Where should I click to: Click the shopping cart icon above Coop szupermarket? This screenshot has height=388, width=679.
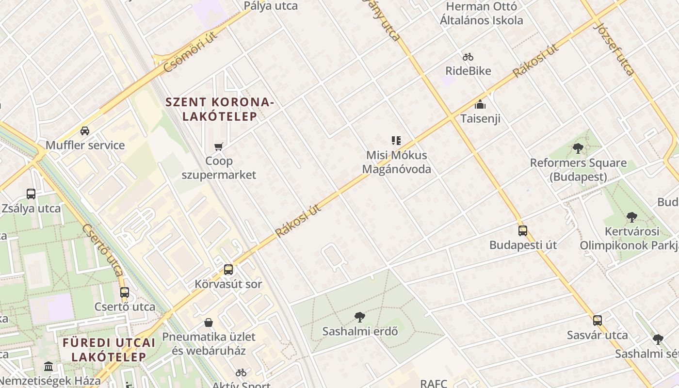(x=219, y=146)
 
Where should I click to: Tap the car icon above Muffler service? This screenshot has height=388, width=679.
(x=85, y=131)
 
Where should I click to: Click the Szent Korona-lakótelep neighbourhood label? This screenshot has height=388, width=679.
(x=220, y=109)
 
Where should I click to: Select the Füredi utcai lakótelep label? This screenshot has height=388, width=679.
(x=109, y=350)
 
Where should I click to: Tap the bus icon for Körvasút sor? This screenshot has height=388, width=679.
(x=228, y=270)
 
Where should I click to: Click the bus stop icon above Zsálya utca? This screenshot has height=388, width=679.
(x=31, y=194)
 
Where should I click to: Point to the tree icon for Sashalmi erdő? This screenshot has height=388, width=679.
(x=360, y=317)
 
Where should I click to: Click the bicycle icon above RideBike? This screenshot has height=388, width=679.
(x=468, y=57)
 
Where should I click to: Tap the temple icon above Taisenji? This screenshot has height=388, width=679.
(x=480, y=104)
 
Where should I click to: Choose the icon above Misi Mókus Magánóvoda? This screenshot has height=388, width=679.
(x=396, y=141)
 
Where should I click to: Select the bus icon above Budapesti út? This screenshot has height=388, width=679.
(x=523, y=231)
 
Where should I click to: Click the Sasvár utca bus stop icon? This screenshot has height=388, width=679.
(x=598, y=321)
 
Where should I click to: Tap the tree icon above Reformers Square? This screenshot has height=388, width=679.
(x=578, y=148)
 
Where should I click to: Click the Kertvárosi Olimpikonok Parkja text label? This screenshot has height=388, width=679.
(x=629, y=238)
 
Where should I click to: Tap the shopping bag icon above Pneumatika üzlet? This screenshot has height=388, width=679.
(x=209, y=323)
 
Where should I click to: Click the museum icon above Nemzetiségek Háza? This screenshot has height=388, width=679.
(x=48, y=367)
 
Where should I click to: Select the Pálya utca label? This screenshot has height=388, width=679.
(x=271, y=6)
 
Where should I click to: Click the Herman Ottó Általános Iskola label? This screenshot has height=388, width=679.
(x=481, y=14)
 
